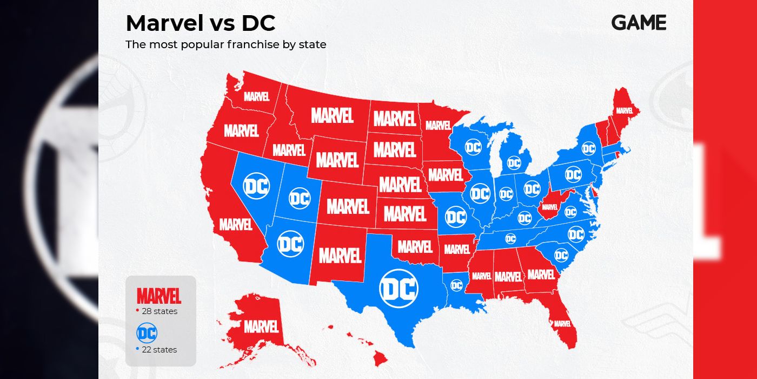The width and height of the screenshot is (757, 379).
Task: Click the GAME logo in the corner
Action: [639, 22]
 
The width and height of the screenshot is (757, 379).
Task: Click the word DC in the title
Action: [258, 23]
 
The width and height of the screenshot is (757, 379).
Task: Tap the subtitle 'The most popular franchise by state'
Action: [226, 44]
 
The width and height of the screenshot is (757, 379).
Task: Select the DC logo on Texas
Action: [399, 288]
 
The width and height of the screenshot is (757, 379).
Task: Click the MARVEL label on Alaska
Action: [261, 326]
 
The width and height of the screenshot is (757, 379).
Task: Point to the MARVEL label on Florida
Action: [562, 323]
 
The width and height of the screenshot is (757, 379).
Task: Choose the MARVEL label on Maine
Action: [624, 110]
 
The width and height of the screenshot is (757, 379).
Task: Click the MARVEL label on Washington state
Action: [256, 96]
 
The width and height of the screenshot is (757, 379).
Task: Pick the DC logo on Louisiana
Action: [456, 285]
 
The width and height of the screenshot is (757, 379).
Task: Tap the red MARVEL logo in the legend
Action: [159, 296]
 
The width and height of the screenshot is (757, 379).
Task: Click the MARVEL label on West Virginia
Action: [549, 206]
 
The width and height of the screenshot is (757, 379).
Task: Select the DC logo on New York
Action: [588, 148]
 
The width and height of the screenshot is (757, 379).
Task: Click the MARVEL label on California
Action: [236, 224]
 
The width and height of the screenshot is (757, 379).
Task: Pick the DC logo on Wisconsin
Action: [473, 146]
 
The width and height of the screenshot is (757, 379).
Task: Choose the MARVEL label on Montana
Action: [332, 115]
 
